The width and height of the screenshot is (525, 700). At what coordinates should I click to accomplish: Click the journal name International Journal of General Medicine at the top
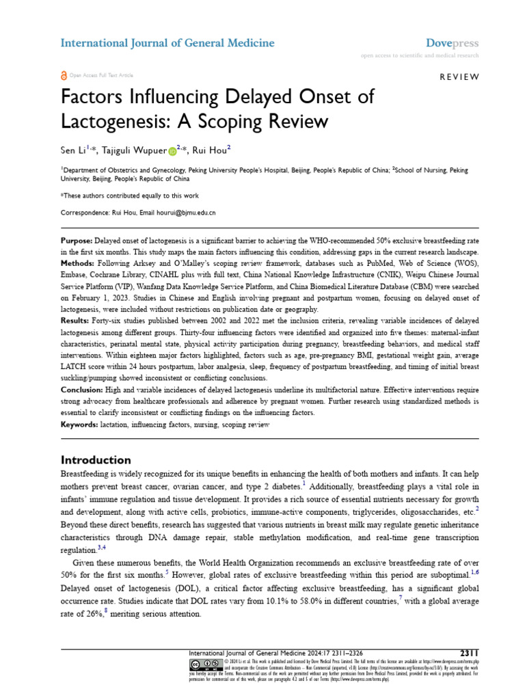point(167,43)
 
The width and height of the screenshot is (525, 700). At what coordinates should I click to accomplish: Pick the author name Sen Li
point(74,150)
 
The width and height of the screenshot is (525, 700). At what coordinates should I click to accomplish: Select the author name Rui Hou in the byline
point(210,150)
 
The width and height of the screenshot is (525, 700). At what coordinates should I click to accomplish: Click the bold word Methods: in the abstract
point(78,263)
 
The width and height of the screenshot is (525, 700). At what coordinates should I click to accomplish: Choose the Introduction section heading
point(96,459)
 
